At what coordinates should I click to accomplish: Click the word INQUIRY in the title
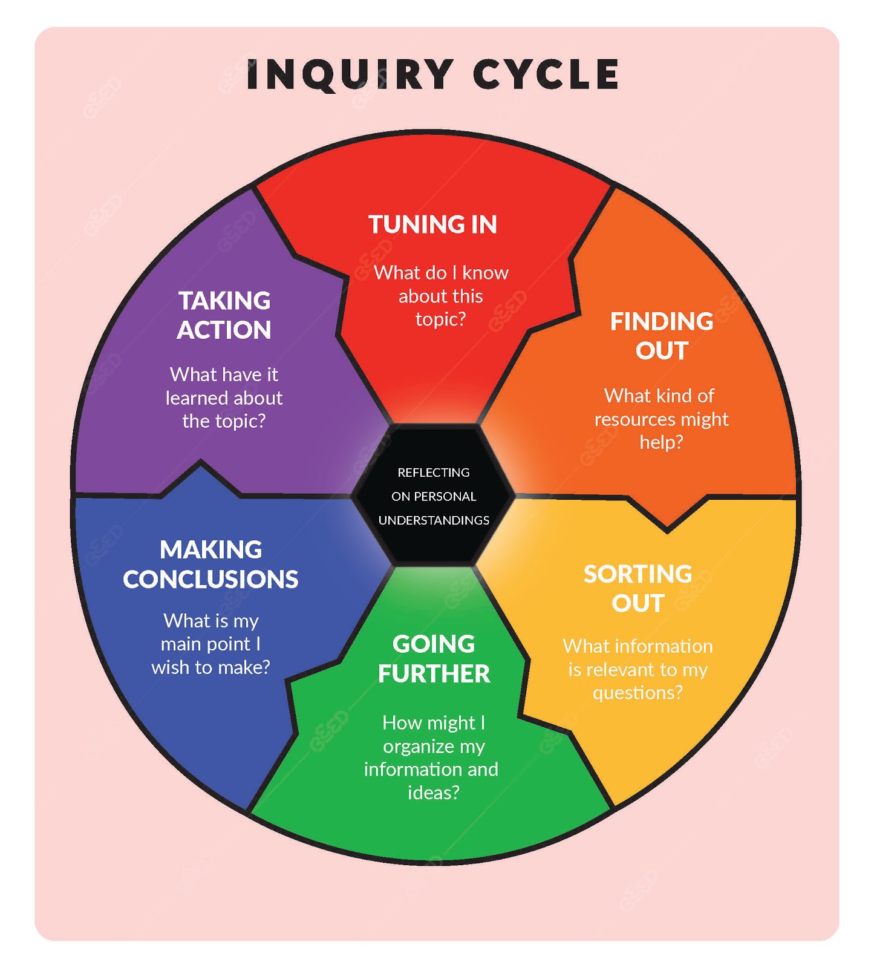tap(350, 74)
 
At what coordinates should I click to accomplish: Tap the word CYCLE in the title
tap(546, 74)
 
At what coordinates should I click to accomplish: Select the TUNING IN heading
tap(433, 224)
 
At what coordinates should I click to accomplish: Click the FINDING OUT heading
tap(662, 336)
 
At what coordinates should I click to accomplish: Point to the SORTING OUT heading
tap(638, 588)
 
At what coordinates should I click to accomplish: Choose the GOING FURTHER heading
tap(434, 659)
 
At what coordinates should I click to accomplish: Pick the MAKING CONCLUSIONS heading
tap(210, 564)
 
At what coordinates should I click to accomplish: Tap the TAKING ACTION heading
tap(224, 315)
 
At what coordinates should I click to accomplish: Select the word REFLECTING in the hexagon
tap(434, 473)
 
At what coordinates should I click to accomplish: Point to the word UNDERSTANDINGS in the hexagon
tap(434, 520)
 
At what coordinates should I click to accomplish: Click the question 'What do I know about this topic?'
tap(441, 296)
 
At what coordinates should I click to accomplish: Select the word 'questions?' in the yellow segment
tap(638, 692)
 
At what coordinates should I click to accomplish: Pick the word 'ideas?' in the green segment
tap(434, 793)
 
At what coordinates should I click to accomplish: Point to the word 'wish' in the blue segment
tap(169, 667)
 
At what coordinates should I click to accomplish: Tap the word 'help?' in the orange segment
tap(661, 442)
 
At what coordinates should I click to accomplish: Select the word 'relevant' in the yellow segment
tap(622, 670)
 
